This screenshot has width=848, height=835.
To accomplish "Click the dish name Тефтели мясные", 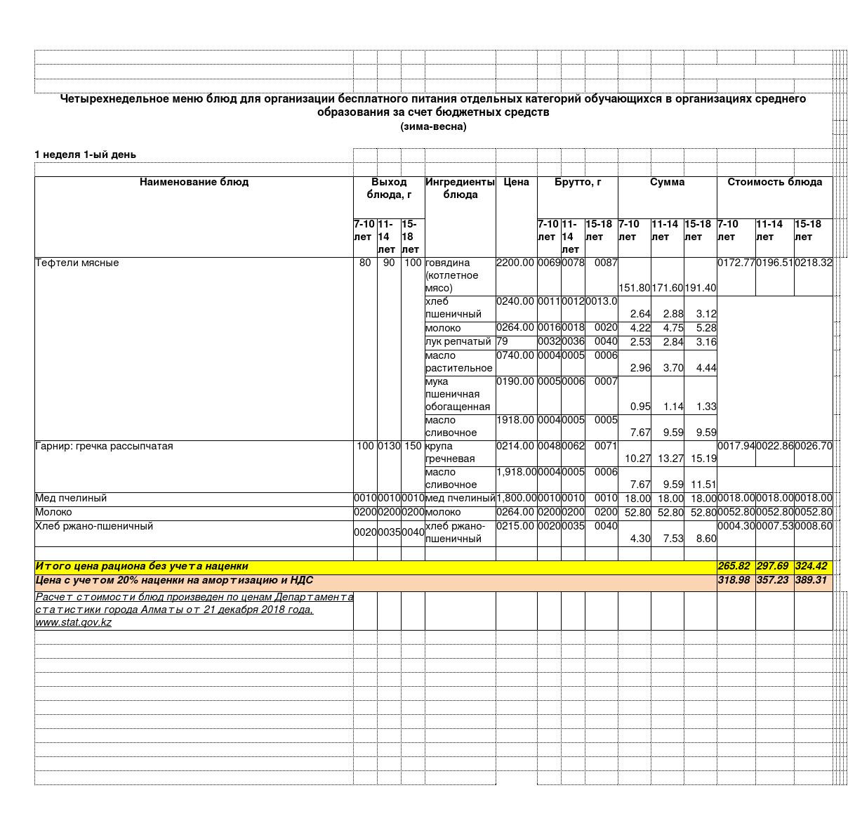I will pos(77,263).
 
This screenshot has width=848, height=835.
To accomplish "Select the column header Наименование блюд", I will pos(194,182).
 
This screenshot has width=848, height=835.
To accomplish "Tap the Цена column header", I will pos(516,182).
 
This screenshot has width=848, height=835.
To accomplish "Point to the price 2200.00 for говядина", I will pos(515,263).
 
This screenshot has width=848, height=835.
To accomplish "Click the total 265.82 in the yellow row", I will pos(734,566).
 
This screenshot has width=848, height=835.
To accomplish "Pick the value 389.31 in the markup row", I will pos(811,580).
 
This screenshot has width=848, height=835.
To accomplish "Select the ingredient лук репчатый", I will pos(458,341).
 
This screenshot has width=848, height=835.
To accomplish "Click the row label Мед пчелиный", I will pos(71,498).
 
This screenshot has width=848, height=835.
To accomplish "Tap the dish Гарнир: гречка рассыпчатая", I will pos(104,446).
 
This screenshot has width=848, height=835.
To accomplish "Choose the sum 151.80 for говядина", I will pos(634,288).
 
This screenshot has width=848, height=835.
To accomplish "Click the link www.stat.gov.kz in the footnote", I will pos(74,622).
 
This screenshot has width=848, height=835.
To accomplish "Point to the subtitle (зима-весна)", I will pos(433,126).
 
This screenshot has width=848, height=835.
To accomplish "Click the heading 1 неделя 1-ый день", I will pos(86,154).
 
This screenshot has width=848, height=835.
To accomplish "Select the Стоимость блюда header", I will pos(774,182).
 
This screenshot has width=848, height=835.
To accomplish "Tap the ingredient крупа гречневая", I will pos(450,452).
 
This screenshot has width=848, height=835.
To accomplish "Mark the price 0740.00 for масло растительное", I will pos(515,355).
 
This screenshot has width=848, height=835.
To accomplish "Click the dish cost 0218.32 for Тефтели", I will pos(813,263).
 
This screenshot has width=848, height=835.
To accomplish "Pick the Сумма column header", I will pos(667,182).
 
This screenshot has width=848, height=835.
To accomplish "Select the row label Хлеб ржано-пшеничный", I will pos(94,526).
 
